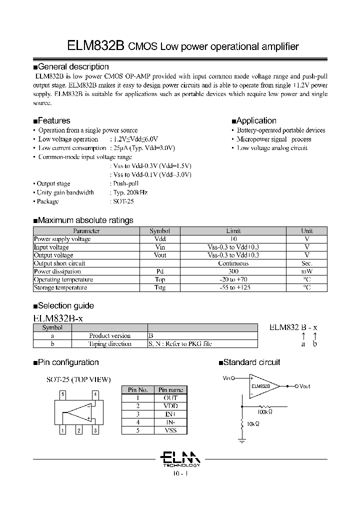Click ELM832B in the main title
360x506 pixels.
pos(95,46)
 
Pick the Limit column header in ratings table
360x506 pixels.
pos(233,231)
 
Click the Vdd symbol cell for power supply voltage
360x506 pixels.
pos(160,239)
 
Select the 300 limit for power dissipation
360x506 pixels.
pos(233,271)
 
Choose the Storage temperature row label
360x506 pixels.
pos(60,287)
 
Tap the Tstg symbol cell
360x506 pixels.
pos(160,287)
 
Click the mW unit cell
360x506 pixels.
pos(307,271)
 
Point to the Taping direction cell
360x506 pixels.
pos(110,344)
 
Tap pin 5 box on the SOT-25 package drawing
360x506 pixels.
pos(62,394)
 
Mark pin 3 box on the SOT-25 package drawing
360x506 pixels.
pos(95,430)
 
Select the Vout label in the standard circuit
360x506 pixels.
pos(304,386)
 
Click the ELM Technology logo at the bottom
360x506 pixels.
pos(180,457)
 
